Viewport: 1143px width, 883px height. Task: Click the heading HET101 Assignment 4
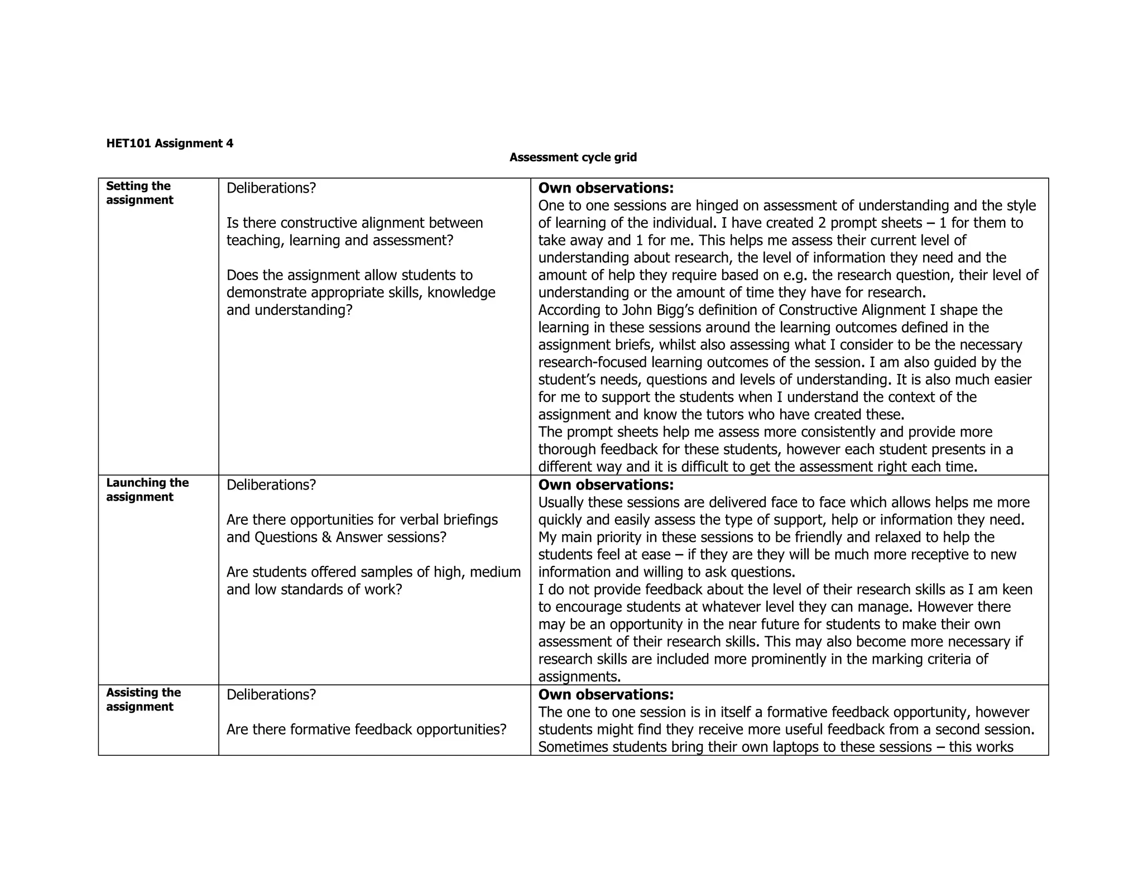(x=170, y=143)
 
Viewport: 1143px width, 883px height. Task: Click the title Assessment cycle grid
(x=573, y=157)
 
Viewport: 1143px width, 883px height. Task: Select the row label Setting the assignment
(x=140, y=193)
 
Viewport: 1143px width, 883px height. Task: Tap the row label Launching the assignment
(x=147, y=490)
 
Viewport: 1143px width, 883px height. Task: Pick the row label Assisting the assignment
(x=143, y=699)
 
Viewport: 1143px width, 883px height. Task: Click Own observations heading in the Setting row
(x=606, y=188)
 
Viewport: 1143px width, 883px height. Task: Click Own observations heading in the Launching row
(x=606, y=484)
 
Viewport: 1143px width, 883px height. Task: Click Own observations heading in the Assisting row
(x=606, y=694)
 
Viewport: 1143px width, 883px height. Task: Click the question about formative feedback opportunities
(x=366, y=730)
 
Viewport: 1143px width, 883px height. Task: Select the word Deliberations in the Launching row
(x=271, y=484)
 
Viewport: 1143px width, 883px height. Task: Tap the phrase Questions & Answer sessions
(x=350, y=537)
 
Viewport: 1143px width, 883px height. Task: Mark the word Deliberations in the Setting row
(x=271, y=188)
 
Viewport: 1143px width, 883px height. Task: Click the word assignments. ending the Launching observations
(x=579, y=676)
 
